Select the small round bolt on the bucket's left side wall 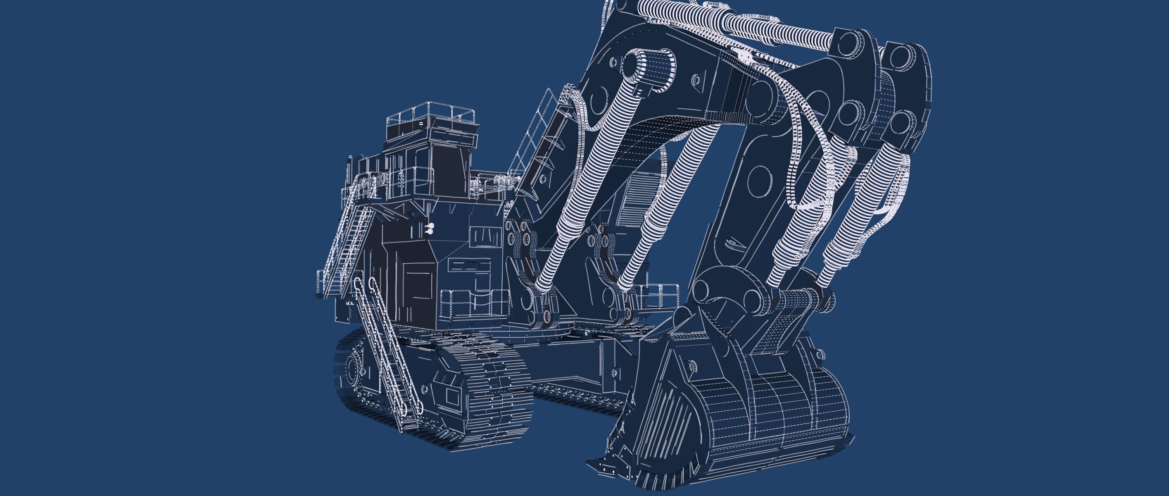(x=691, y=366)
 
